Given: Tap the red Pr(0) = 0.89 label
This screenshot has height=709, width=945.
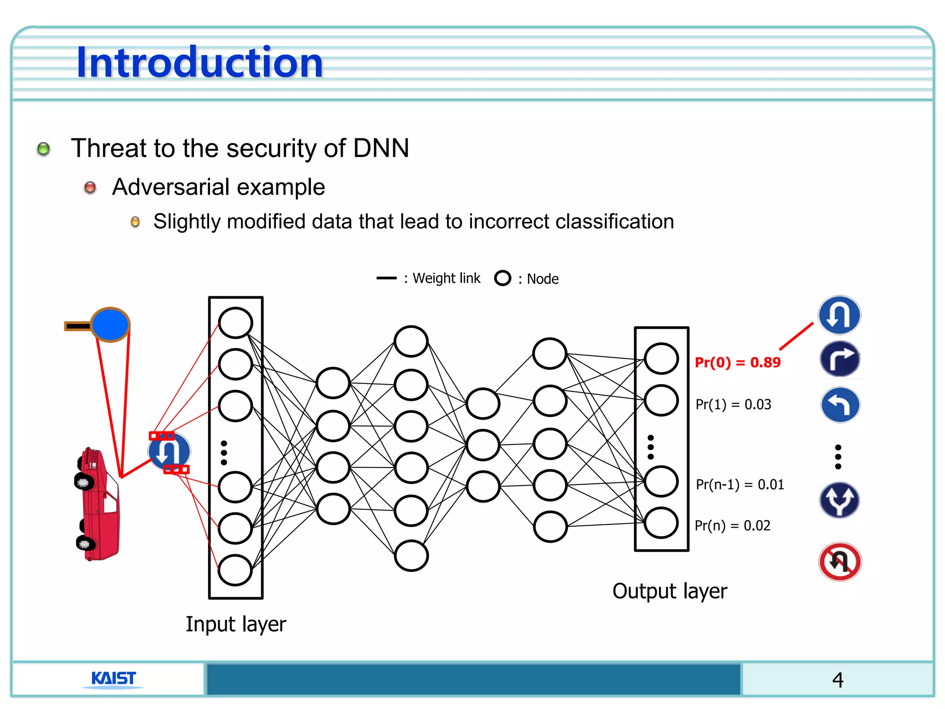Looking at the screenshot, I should pos(737,362).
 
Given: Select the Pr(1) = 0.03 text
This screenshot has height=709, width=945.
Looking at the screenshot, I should pos(733,404).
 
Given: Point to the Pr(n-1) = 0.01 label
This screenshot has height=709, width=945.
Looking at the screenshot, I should pos(740,484).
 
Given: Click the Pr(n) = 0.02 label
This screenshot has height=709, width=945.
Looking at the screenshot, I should pos(732,525).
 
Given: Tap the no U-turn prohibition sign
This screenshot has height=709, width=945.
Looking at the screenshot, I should pos(840,561).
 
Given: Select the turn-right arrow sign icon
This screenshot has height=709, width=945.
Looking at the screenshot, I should pos(840,359).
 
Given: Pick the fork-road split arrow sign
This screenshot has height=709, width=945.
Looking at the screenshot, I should pos(839,500).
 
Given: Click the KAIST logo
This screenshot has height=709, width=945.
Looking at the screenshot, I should pos(113,679).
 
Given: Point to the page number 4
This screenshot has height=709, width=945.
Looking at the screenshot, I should pos(837,680).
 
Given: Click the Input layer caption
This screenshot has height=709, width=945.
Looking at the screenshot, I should pos(236,624).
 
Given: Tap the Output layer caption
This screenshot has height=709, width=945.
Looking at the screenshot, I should pos(670,591).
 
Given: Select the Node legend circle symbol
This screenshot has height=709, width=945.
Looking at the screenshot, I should pos(502,278).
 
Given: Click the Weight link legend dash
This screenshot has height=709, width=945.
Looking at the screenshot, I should pos(386,278).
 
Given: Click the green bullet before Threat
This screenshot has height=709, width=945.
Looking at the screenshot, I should pos(43,149).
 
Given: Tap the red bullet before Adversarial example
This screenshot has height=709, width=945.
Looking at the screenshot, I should pos(90,187).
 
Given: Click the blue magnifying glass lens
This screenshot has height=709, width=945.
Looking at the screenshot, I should pos(110,324).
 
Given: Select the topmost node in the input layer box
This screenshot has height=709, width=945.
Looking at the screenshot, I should pos(235,323).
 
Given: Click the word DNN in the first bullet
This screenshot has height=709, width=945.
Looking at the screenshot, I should pos(381,148).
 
